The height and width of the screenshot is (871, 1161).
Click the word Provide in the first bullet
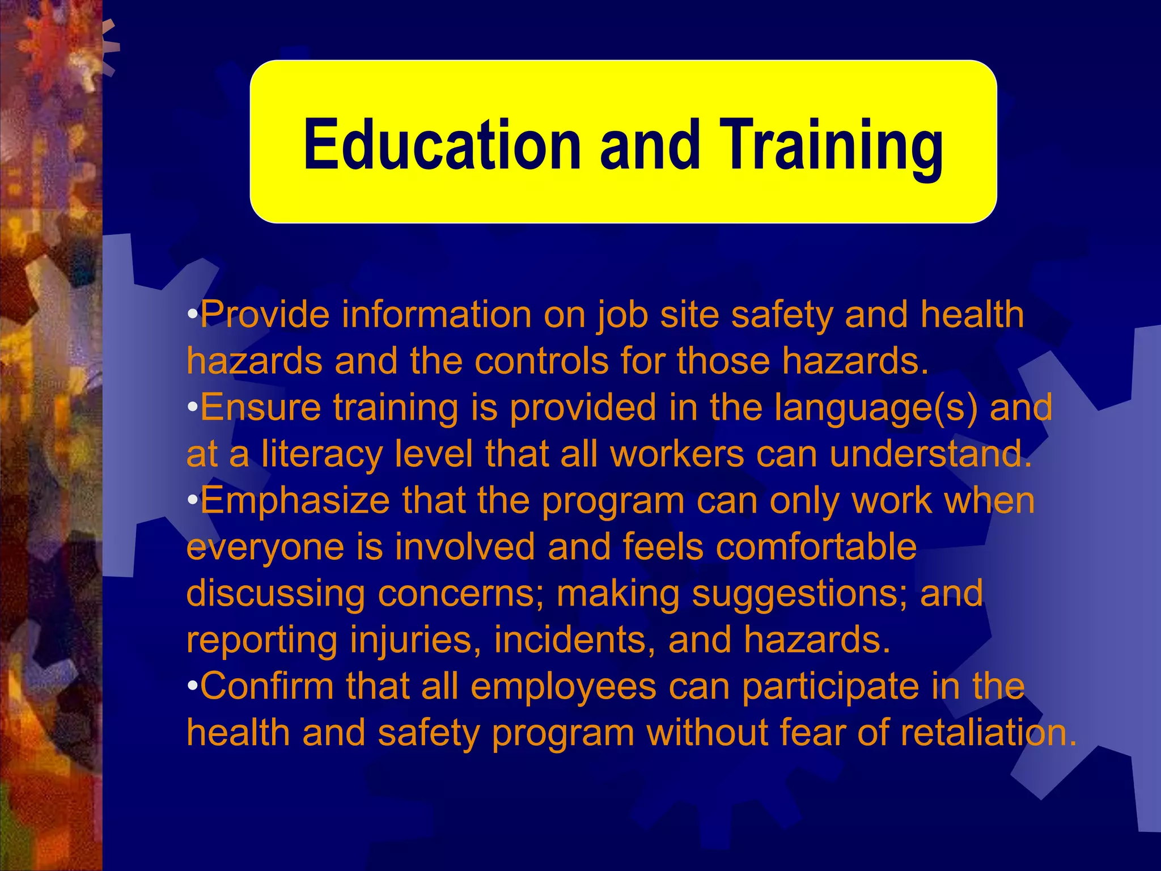pos(264,315)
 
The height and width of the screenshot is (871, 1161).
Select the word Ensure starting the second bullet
pos(260,407)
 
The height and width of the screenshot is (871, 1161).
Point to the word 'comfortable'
pos(769,547)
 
